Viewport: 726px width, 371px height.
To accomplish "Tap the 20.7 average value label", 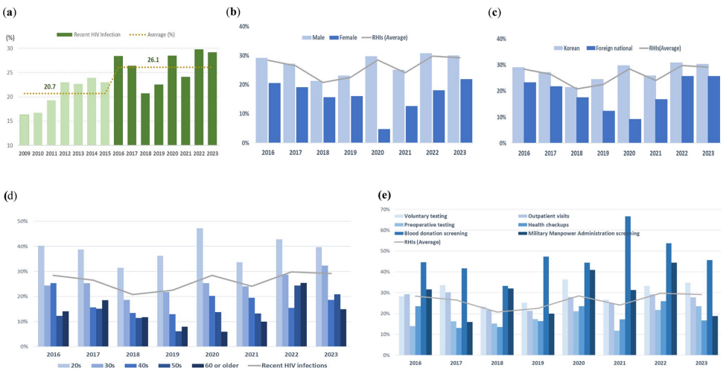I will pyautogui.click(x=51, y=87).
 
